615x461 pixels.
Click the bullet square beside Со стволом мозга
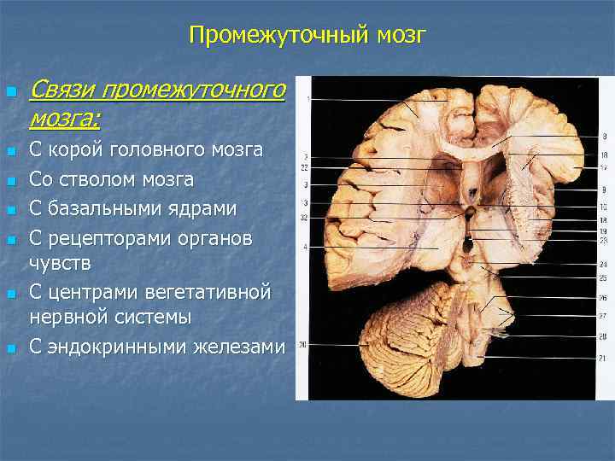(x=11, y=181)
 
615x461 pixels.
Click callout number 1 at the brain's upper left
(x=306, y=100)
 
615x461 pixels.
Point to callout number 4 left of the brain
(x=305, y=247)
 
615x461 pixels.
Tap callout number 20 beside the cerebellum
(x=303, y=345)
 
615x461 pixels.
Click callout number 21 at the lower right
(x=603, y=359)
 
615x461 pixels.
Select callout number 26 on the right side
(x=603, y=298)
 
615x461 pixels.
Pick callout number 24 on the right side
(x=603, y=265)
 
